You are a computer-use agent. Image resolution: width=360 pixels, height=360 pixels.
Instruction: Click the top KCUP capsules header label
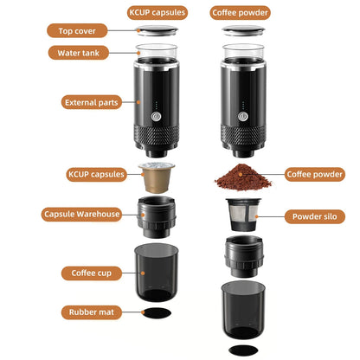(156, 13)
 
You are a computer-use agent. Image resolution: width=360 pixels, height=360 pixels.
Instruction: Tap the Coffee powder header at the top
(241, 13)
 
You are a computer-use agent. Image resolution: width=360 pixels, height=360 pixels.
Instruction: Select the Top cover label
(83, 31)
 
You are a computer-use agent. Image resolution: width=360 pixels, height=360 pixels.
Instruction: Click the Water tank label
(83, 52)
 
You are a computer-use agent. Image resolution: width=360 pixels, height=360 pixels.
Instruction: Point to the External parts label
(92, 102)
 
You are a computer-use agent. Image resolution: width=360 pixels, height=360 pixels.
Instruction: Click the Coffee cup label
(90, 273)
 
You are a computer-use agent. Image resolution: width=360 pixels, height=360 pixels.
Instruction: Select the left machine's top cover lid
(157, 32)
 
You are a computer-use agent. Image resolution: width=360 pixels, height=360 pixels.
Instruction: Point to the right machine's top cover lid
(241, 32)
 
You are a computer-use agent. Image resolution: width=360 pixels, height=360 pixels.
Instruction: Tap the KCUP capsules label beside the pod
(96, 174)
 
